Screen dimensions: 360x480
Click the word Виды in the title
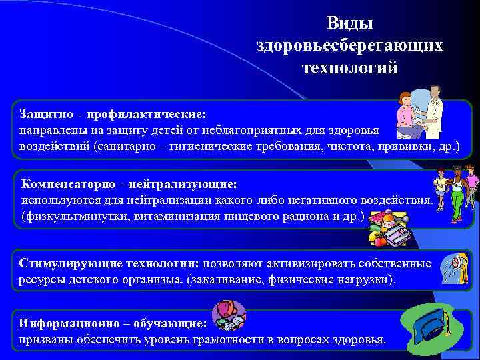click(x=349, y=23)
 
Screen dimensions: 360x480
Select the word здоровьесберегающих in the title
click(x=349, y=45)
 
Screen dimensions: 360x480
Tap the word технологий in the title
click(x=349, y=67)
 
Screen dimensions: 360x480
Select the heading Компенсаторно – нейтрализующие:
click(x=129, y=183)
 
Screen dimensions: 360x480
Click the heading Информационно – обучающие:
click(x=113, y=323)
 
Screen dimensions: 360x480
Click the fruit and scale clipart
click(x=389, y=227)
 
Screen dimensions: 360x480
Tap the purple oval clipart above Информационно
click(x=229, y=315)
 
